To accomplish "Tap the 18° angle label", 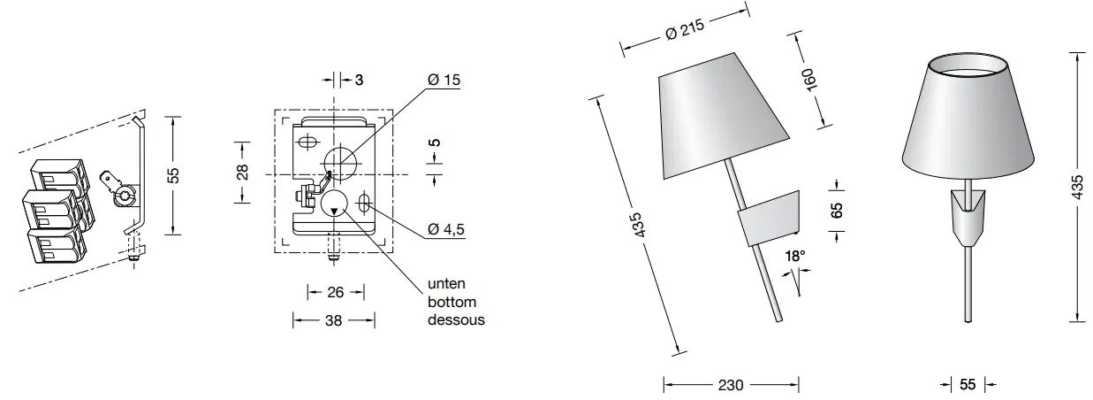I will click(x=795, y=256).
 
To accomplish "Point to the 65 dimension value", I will click(x=838, y=210).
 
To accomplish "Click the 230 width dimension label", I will click(x=731, y=385).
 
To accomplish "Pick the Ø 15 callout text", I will click(x=444, y=80).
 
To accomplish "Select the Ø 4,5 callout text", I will click(x=445, y=229).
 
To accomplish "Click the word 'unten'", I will click(x=446, y=285).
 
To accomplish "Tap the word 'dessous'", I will click(x=456, y=319).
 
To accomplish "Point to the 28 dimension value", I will click(x=243, y=170).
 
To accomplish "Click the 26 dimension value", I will click(x=335, y=292).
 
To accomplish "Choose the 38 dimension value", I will click(x=334, y=321).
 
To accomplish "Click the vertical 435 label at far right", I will click(x=1076, y=188).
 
